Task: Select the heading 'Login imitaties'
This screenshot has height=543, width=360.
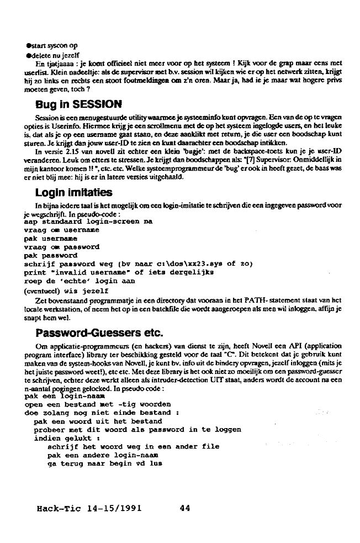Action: pos(74,192)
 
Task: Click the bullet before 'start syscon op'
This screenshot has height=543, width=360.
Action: pos(28,45)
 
